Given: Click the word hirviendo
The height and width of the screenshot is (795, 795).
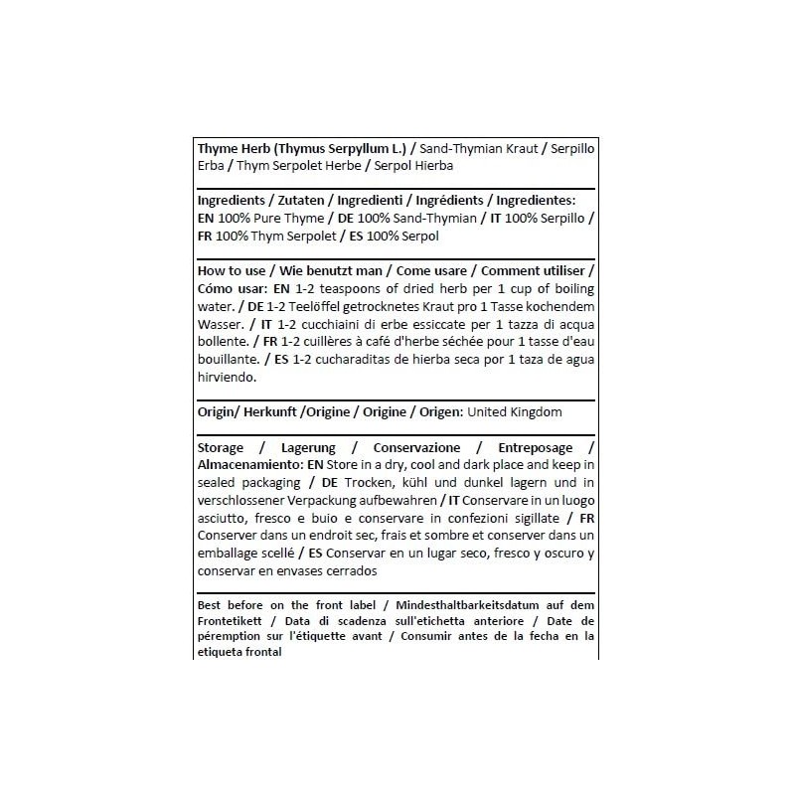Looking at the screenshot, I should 228,378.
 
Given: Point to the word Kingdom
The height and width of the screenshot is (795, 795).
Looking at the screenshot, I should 535,411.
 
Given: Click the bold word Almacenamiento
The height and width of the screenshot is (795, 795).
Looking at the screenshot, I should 250,464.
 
